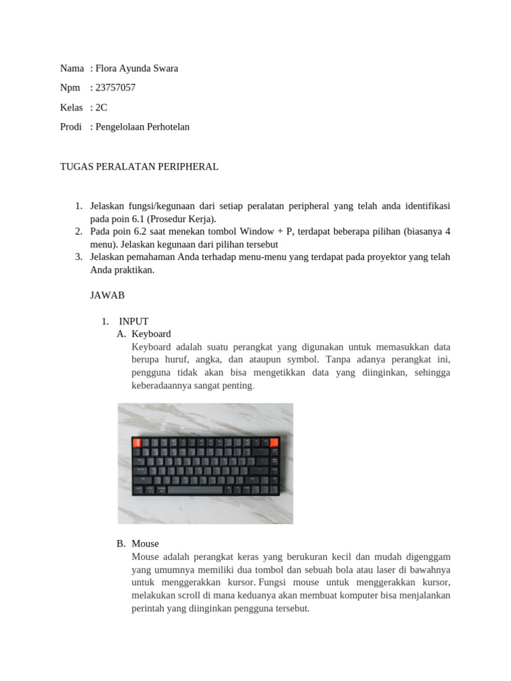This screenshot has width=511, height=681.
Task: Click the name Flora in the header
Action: [x=108, y=68]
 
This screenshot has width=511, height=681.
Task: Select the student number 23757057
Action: [x=116, y=88]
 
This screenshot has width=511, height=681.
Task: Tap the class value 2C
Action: [x=102, y=107]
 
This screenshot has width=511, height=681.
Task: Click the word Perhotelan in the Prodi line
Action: [x=166, y=126]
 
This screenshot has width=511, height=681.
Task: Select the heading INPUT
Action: [x=134, y=321]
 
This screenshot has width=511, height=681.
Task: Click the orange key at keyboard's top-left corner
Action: [x=138, y=442]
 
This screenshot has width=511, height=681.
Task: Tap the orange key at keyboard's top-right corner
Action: [x=273, y=442]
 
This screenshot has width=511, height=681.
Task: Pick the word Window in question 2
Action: [x=256, y=231]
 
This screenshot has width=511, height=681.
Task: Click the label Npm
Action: [x=71, y=88]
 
